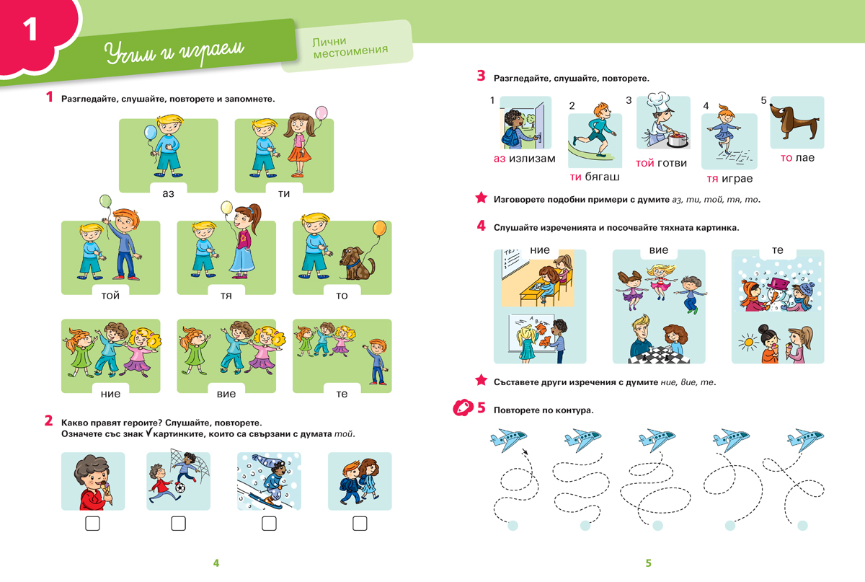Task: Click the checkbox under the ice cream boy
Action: click(x=93, y=524)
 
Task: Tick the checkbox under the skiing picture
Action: click(x=269, y=524)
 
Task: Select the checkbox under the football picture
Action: click(x=179, y=524)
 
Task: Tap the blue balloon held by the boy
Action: click(x=150, y=133)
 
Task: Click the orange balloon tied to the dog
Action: click(x=380, y=228)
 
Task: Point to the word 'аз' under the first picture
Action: click(x=169, y=193)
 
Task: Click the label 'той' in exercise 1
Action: click(x=110, y=296)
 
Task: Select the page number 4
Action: click(x=216, y=563)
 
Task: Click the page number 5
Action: click(x=649, y=563)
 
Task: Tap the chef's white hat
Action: click(x=658, y=100)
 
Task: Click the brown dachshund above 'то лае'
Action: click(x=793, y=120)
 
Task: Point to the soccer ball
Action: click(x=180, y=488)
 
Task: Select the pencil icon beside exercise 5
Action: click(x=463, y=407)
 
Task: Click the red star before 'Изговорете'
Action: click(x=482, y=198)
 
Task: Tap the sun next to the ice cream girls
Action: click(x=748, y=342)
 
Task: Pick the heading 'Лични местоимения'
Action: click(x=350, y=48)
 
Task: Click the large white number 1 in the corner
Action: click(x=30, y=29)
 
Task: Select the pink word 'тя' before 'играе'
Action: click(x=712, y=179)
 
